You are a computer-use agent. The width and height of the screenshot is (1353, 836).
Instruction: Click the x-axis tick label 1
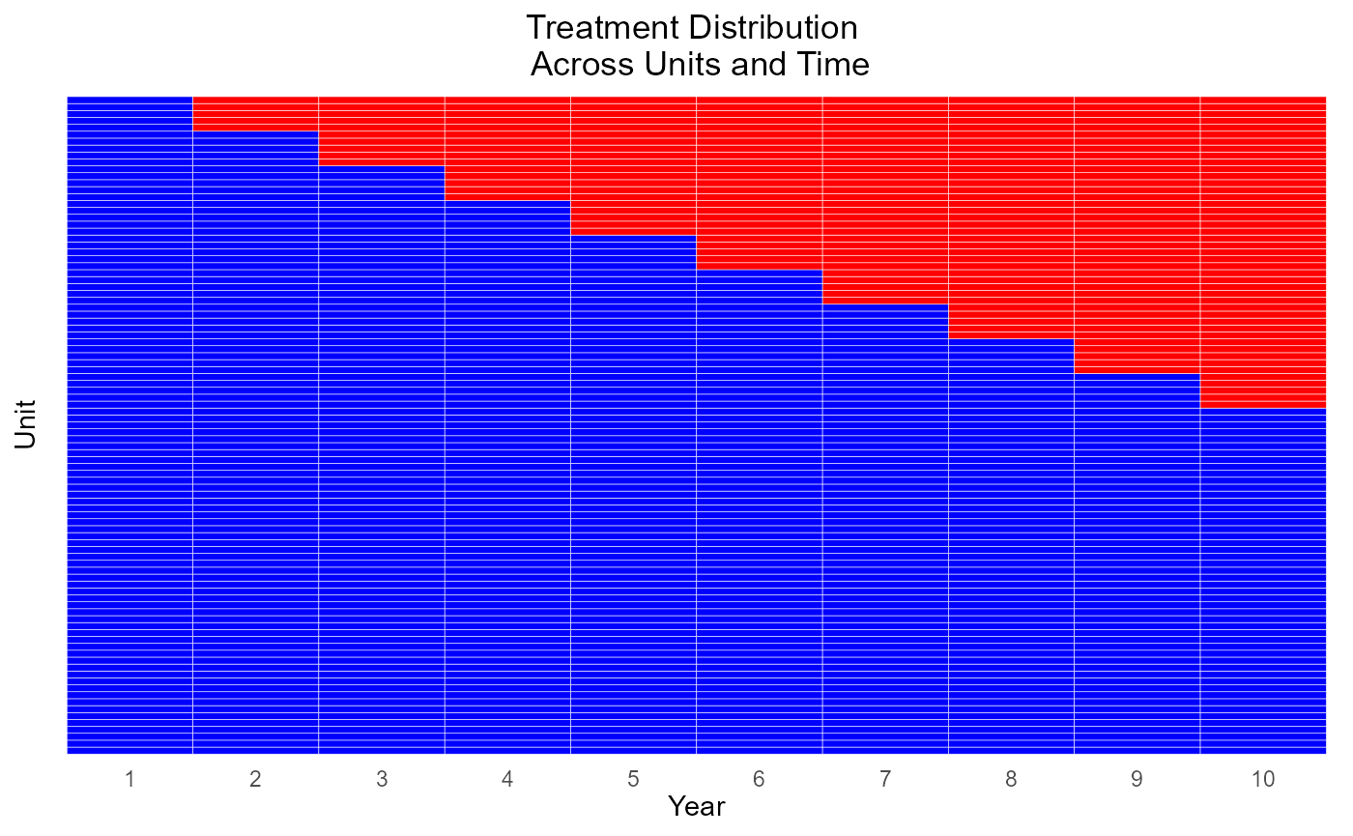[130, 779]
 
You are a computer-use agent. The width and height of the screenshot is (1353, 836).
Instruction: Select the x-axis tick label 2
[255, 779]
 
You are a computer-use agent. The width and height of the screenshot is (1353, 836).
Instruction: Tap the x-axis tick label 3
[382, 779]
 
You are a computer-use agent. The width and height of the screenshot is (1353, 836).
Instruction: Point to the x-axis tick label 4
[507, 779]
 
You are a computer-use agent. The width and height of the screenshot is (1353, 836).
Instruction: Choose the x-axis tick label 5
[633, 779]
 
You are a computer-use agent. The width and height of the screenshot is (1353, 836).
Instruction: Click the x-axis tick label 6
[760, 779]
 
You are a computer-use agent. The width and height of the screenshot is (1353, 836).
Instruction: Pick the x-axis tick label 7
[885, 779]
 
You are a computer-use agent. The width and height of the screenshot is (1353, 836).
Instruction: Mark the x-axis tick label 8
[1011, 779]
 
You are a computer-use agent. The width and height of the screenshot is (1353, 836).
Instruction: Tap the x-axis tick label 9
[1137, 779]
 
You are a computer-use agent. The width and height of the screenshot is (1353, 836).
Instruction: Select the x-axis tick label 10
[1263, 779]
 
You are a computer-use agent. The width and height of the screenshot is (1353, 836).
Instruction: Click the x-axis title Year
[697, 806]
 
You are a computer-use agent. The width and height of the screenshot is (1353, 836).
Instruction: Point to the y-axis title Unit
[25, 424]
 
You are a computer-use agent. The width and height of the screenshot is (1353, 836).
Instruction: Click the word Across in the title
[582, 64]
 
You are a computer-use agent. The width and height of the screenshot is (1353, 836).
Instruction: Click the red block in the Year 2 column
[255, 114]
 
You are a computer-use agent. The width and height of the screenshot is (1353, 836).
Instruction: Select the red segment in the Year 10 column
[1263, 252]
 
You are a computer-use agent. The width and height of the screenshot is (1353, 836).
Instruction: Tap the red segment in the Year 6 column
[760, 183]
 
